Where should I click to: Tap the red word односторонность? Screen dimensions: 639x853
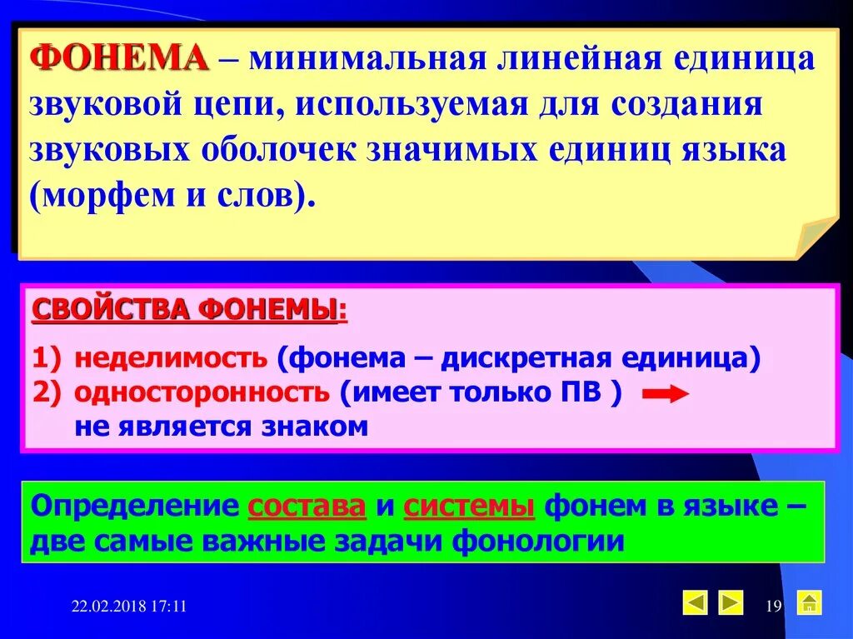click(x=202, y=392)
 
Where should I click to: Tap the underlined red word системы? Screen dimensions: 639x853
click(x=469, y=507)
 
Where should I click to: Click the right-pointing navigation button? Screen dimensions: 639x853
click(x=731, y=602)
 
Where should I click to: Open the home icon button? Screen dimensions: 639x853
click(x=809, y=602)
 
